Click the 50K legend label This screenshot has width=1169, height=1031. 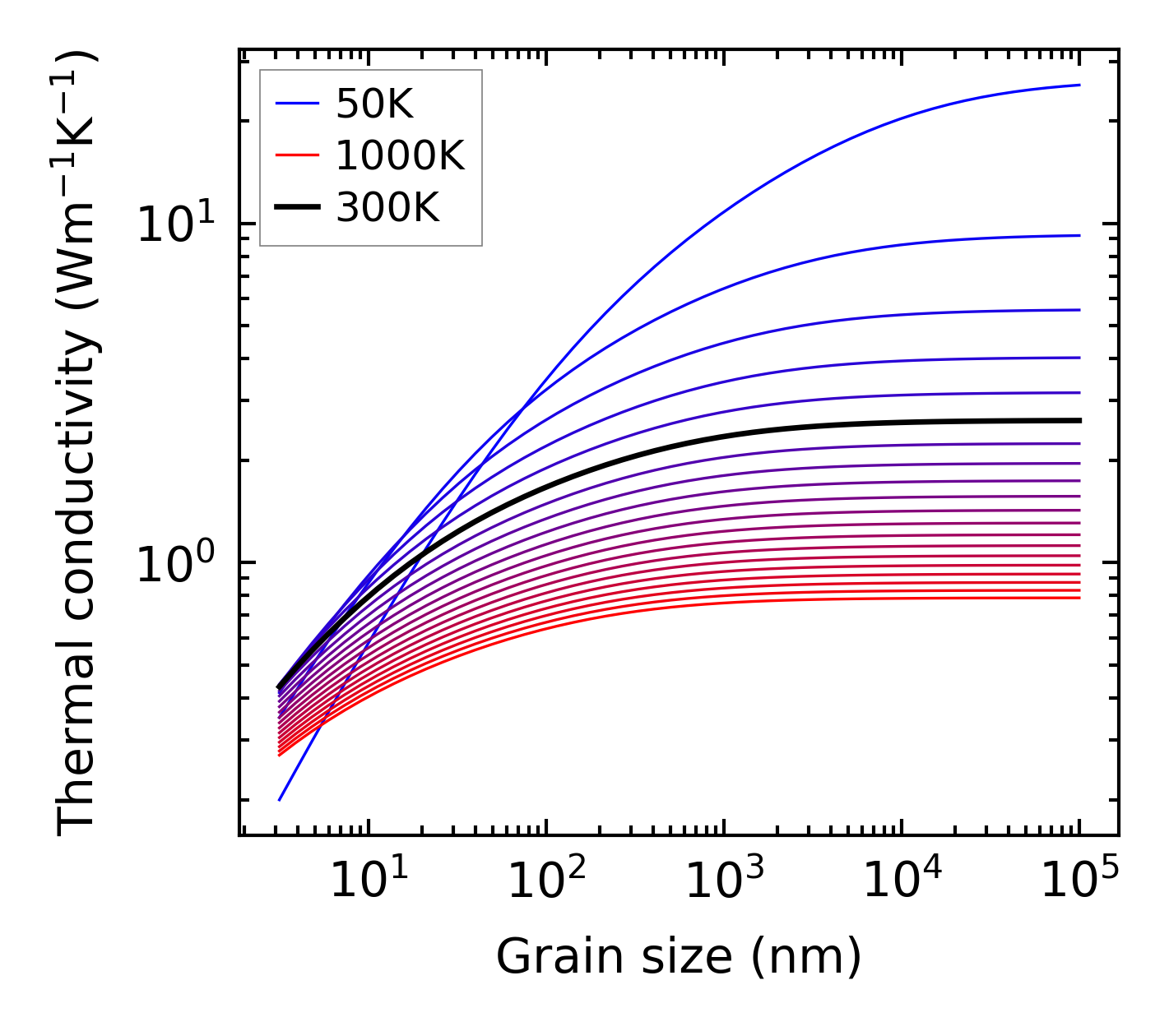tap(374, 104)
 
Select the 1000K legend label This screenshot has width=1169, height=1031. tap(400, 155)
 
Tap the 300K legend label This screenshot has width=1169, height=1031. tap(387, 208)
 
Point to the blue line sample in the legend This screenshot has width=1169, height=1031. tap(296, 104)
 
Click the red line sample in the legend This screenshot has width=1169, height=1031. tap(296, 155)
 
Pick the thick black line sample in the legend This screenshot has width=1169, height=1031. tap(296, 208)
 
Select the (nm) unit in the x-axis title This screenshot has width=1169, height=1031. tap(805, 957)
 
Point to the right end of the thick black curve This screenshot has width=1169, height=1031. tap(1079, 420)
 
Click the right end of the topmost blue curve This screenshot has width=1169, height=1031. tap(1079, 85)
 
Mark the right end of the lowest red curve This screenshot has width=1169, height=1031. tap(1079, 598)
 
